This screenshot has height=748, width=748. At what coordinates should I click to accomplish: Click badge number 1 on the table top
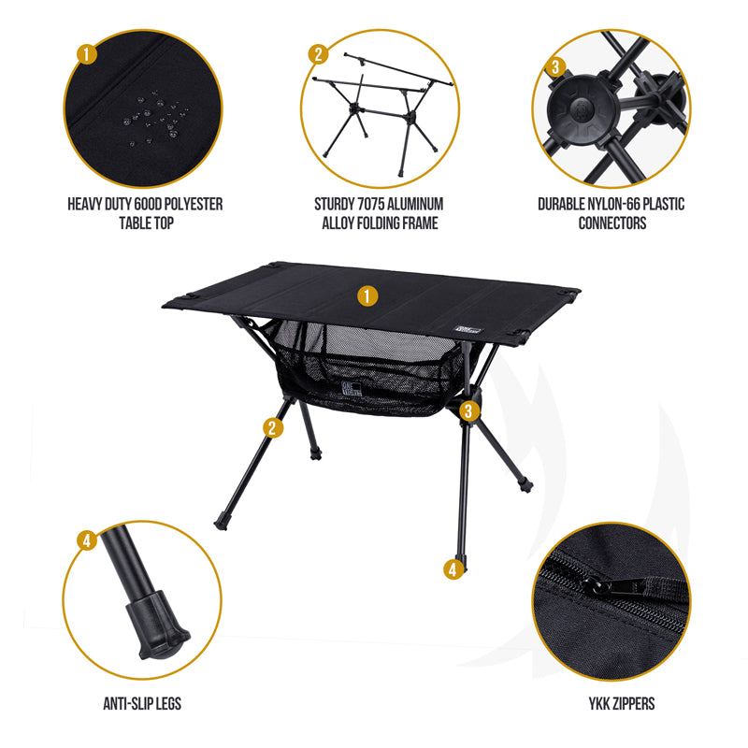(x=367, y=296)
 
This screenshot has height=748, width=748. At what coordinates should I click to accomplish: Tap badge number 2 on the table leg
(x=273, y=428)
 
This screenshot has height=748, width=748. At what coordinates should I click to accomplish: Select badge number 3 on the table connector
(x=468, y=410)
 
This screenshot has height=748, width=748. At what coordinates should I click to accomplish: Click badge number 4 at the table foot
(x=453, y=569)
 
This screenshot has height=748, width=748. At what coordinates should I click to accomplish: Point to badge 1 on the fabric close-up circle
(x=87, y=54)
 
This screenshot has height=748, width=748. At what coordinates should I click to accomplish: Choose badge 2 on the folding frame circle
(x=319, y=54)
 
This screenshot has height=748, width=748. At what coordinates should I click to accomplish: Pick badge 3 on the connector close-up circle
(x=555, y=66)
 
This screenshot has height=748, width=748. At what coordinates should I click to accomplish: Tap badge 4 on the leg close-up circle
(x=87, y=540)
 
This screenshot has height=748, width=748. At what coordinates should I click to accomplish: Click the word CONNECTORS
(x=612, y=223)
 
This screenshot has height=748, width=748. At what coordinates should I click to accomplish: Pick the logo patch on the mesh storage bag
(x=352, y=388)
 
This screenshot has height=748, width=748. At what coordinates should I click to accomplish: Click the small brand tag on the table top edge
(x=469, y=330)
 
